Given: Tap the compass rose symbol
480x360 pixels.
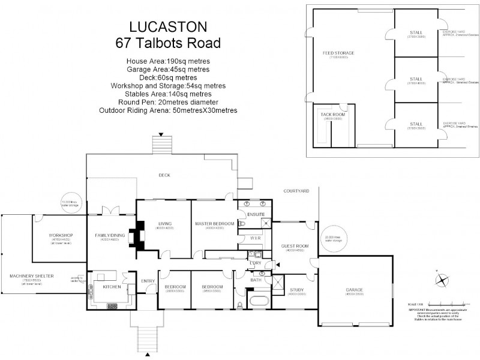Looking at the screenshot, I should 442,279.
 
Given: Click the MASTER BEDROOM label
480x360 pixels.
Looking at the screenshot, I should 209,224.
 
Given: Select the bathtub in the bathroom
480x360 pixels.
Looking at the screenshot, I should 259,301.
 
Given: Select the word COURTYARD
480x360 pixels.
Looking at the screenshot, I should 296,191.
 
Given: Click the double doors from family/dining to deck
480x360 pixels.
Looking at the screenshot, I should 112,210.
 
